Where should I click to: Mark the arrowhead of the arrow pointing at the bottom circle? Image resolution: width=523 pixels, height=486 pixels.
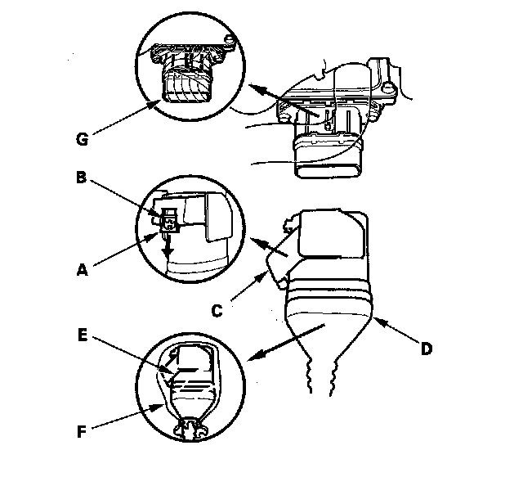[249, 358]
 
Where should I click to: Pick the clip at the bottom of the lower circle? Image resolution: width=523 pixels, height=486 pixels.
[194, 424]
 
